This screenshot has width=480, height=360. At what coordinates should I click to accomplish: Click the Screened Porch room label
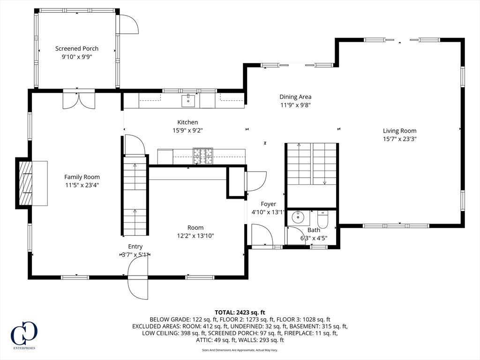click(x=77, y=48)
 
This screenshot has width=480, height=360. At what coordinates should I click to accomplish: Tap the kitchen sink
click(x=188, y=101)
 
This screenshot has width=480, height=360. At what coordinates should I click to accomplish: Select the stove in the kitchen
click(x=202, y=156)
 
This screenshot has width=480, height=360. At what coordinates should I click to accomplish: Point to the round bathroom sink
click(x=297, y=217)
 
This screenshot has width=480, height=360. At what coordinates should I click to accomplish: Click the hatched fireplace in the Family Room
click(x=26, y=183)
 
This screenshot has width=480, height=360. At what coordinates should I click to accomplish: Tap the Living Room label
click(x=399, y=131)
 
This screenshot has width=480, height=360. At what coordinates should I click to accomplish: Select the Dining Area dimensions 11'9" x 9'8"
click(x=296, y=105)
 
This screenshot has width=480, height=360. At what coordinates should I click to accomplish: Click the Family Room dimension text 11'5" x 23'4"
click(x=82, y=185)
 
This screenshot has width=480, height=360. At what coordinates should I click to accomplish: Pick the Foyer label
click(x=269, y=204)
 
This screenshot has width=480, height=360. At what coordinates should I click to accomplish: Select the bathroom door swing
click(x=294, y=235)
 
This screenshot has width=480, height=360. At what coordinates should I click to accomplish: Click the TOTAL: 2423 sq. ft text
click(x=240, y=313)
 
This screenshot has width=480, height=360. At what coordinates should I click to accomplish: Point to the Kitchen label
click(x=187, y=122)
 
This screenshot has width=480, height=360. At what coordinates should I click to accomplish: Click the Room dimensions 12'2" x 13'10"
click(x=195, y=236)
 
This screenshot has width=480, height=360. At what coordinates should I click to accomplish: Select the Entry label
click(x=135, y=247)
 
